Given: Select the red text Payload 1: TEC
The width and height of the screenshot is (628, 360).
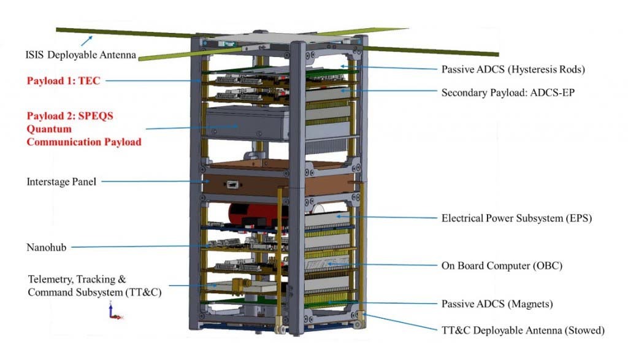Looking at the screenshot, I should click(64, 80).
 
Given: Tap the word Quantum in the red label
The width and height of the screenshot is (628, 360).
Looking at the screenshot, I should click(49, 129).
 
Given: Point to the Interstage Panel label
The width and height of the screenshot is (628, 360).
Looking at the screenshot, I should click(61, 182).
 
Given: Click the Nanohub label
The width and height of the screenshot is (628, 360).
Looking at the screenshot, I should click(47, 247).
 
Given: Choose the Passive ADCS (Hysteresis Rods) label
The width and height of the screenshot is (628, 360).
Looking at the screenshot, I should click(513, 69).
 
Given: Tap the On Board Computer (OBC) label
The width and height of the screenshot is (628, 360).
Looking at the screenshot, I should click(502, 266).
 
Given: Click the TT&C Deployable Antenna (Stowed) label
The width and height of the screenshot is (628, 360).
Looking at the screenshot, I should click(523, 331).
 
